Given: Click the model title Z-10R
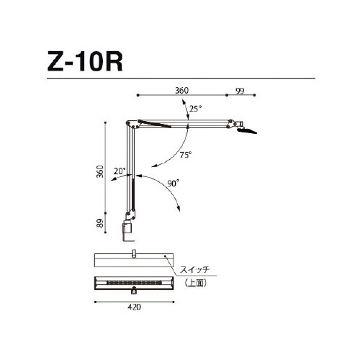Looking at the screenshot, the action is [x=85, y=62].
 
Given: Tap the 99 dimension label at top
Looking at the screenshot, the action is [x=240, y=91].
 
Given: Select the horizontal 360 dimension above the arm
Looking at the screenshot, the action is [x=181, y=91].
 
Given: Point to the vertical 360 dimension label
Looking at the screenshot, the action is [x=100, y=171].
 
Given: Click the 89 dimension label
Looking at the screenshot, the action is [x=100, y=223].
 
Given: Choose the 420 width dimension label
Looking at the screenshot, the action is [x=134, y=307].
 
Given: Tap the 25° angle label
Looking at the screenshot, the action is [x=195, y=109].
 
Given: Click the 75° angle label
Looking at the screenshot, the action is [x=186, y=155].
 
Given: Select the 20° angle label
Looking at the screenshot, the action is [x=120, y=171].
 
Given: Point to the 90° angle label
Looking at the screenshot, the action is [x=174, y=184].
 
